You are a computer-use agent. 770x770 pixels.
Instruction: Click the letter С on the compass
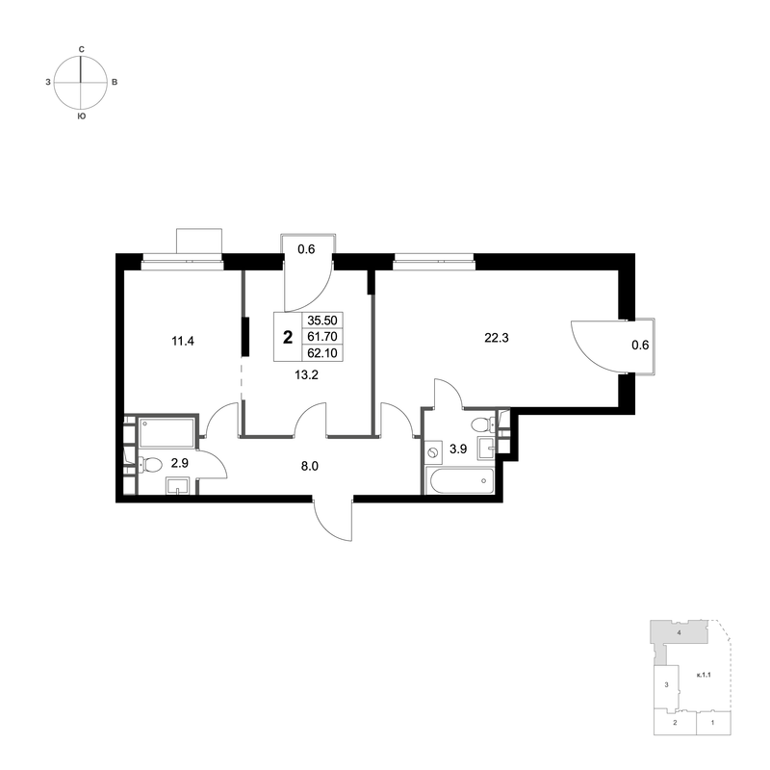coord(82,47)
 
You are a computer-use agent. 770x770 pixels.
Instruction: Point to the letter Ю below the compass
coord(81,116)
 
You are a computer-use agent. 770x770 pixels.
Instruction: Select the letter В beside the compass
coord(115,84)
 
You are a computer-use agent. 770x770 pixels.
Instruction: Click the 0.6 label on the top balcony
coord(306,248)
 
